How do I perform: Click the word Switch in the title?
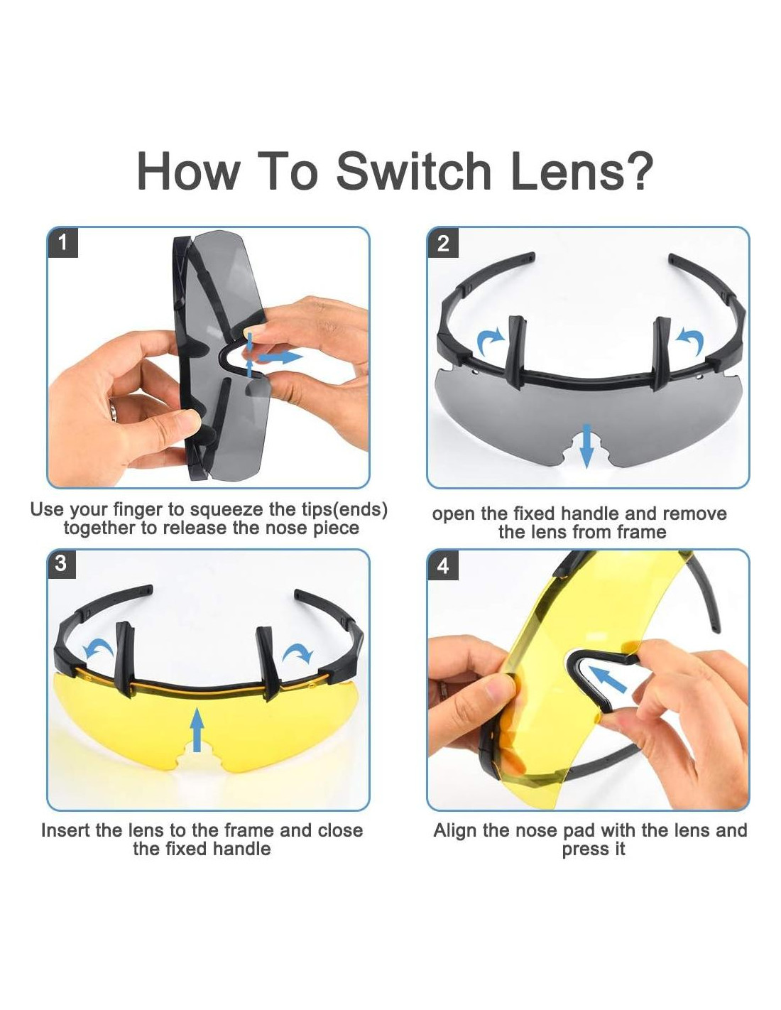(x=413, y=170)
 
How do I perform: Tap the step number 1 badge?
(x=62, y=243)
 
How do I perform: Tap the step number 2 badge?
(x=443, y=243)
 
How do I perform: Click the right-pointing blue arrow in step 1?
(x=280, y=357)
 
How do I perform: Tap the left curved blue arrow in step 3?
(x=98, y=648)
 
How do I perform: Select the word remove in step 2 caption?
(x=694, y=514)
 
